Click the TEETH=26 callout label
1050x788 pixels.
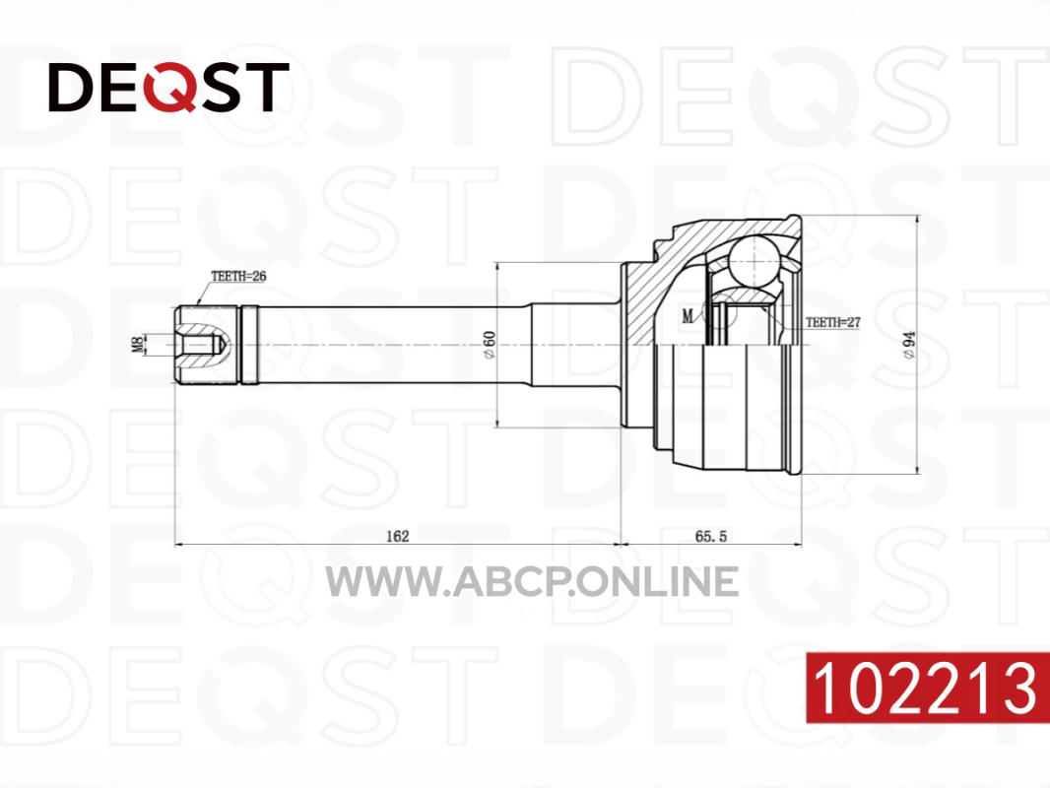[238, 276]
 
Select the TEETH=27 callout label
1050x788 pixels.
[833, 322]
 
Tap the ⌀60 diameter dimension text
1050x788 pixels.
[490, 344]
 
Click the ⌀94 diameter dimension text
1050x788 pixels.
[909, 345]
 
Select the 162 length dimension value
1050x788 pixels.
[397, 536]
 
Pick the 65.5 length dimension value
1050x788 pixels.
[710, 536]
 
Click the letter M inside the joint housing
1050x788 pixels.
[688, 316]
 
